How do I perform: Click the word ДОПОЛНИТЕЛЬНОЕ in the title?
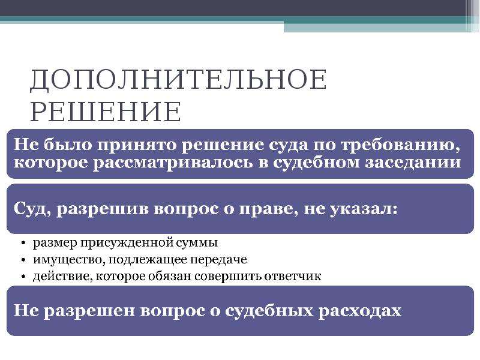(178, 79)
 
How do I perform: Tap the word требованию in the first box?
(400, 145)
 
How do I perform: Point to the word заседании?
(413, 162)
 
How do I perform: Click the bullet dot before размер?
(23, 243)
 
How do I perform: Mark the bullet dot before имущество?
(23, 260)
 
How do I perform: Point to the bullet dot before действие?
(23, 277)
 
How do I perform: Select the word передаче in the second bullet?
(218, 260)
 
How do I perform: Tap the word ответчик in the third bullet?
(293, 277)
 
